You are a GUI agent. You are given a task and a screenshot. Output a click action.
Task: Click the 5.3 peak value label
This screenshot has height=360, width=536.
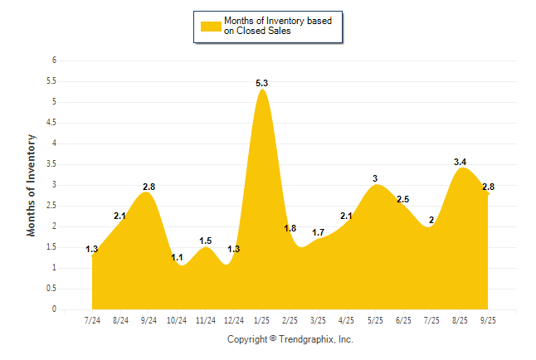(262, 83)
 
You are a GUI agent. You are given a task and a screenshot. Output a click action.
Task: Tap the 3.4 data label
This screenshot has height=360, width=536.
(460, 162)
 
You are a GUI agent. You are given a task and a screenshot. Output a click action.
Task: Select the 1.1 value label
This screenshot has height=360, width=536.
(177, 257)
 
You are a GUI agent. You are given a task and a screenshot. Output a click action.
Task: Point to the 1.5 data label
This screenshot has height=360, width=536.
(206, 241)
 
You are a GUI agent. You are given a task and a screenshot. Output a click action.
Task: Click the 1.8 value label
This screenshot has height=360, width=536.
(290, 228)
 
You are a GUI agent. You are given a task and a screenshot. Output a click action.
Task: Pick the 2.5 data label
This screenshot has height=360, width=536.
(404, 199)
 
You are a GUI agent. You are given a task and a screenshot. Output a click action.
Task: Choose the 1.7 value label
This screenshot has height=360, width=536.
(319, 232)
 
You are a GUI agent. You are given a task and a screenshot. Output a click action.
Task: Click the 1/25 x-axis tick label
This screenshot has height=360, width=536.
(262, 319)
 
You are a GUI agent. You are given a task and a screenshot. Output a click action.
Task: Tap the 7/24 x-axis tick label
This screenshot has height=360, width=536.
(93, 319)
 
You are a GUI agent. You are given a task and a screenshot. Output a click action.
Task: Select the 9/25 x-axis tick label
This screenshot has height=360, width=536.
(488, 319)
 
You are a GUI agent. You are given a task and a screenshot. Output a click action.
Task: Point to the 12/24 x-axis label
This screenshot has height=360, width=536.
(234, 319)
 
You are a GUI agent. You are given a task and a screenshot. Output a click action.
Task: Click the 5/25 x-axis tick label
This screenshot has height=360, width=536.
(375, 319)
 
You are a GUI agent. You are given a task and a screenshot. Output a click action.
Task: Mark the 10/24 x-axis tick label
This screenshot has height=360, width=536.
(178, 319)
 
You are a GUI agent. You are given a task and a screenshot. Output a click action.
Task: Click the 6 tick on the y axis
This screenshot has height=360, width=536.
(54, 61)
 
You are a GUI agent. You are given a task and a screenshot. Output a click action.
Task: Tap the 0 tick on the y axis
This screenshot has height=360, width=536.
(54, 309)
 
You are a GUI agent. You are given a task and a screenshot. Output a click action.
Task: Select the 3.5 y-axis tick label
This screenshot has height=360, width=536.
(51, 164)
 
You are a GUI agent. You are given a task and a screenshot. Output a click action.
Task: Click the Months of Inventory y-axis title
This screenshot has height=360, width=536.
(32, 185)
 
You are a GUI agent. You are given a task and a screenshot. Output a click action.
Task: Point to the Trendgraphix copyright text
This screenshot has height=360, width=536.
(290, 339)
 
